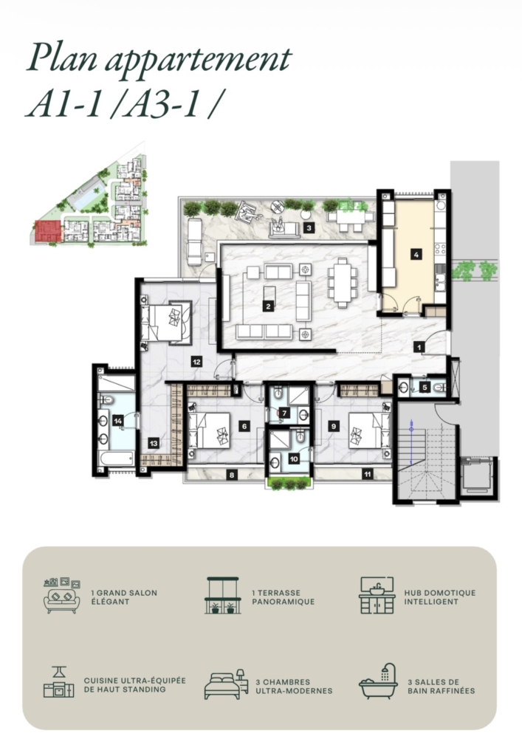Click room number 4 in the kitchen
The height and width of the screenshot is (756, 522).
click(x=416, y=254)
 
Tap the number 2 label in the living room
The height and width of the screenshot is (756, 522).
click(x=269, y=305)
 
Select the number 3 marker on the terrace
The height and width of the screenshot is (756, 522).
click(x=309, y=228)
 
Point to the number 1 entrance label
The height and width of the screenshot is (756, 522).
click(x=419, y=347)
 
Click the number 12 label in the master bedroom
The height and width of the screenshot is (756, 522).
click(x=196, y=361)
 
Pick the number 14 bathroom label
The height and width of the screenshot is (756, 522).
click(x=118, y=421)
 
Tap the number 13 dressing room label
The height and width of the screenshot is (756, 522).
click(x=154, y=443)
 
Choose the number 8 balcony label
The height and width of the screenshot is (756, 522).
click(x=232, y=475)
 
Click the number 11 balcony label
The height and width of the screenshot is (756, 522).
click(x=367, y=475)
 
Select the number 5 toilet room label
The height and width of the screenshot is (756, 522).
click(x=424, y=387)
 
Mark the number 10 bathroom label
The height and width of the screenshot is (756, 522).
click(x=294, y=458)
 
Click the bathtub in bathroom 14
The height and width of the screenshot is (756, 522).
click(x=116, y=458)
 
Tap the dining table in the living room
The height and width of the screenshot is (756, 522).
click(x=342, y=283)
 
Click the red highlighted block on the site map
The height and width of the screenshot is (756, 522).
click(x=48, y=231)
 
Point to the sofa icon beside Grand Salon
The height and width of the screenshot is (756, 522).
click(x=62, y=596)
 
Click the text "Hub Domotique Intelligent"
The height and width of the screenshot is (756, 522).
click(x=439, y=597)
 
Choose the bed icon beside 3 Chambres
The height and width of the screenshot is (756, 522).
click(x=226, y=684)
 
